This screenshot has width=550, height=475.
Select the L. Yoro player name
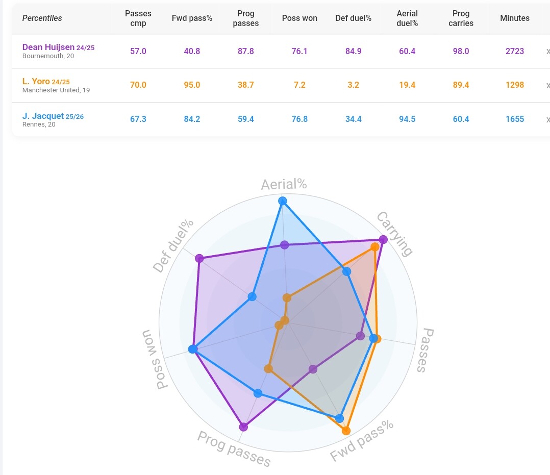click(36, 82)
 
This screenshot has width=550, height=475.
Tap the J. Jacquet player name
click(43, 116)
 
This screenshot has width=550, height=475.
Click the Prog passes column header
click(245, 18)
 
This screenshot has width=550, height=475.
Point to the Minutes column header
click(514, 18)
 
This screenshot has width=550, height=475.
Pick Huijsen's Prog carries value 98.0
click(461, 51)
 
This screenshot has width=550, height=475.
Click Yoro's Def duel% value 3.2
click(353, 85)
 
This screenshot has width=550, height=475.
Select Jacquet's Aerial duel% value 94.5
click(407, 119)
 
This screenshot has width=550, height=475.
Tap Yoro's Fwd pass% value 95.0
click(192, 85)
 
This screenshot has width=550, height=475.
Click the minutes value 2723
click(514, 51)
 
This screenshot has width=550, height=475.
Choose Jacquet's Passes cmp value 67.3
click(138, 119)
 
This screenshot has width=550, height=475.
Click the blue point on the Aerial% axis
click(283, 201)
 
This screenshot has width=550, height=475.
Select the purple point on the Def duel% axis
click(199, 258)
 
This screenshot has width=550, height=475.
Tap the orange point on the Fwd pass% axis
click(346, 431)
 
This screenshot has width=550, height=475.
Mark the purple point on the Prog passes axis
click(243, 427)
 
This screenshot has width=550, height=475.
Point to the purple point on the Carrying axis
click(384, 239)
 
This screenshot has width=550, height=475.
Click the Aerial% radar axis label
click(284, 184)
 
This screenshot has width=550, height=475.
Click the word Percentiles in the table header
click(42, 18)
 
